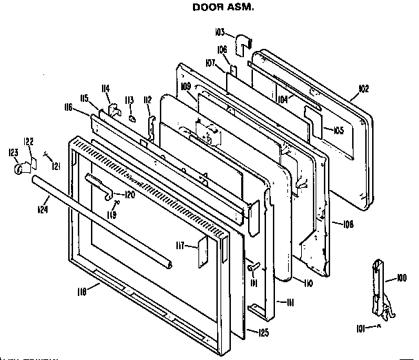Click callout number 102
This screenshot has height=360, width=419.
point(365,89)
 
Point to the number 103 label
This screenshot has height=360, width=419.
point(221,32)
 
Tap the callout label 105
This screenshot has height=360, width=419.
point(337,130)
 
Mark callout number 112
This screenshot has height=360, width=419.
point(147,100)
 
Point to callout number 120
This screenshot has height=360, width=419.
point(129,194)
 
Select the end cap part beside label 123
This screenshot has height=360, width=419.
point(16,167)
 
